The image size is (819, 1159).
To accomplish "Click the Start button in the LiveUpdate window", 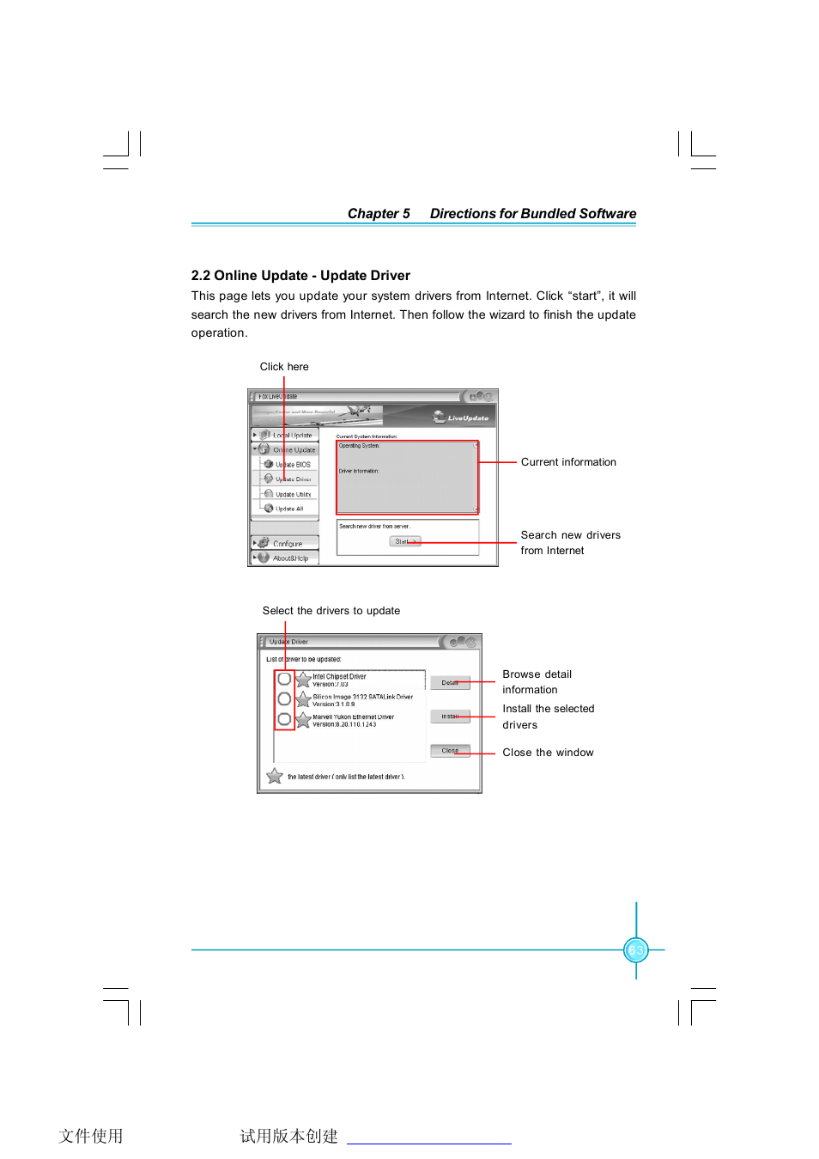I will [404, 541].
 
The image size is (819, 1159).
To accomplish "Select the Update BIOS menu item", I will [292, 465].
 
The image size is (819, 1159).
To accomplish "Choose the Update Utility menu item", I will [293, 494].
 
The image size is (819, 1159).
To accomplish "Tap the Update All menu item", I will [288, 509].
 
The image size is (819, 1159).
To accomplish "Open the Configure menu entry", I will [287, 544].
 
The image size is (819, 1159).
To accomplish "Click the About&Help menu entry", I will [289, 558].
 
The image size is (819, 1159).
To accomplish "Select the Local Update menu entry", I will [292, 436].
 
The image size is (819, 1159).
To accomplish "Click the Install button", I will [450, 717].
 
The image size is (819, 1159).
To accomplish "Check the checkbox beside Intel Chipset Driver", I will [284, 679].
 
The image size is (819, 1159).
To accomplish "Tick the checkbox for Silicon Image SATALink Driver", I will [284, 699].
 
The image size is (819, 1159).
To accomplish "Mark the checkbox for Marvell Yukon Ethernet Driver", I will [284, 719].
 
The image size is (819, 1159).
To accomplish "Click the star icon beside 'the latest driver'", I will [275, 777].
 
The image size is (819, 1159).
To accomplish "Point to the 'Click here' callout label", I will [284, 367].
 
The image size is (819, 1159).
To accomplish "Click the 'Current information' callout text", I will [568, 462].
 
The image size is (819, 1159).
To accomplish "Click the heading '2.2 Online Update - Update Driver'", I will [300, 276].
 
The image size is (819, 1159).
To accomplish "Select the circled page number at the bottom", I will [636, 950].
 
